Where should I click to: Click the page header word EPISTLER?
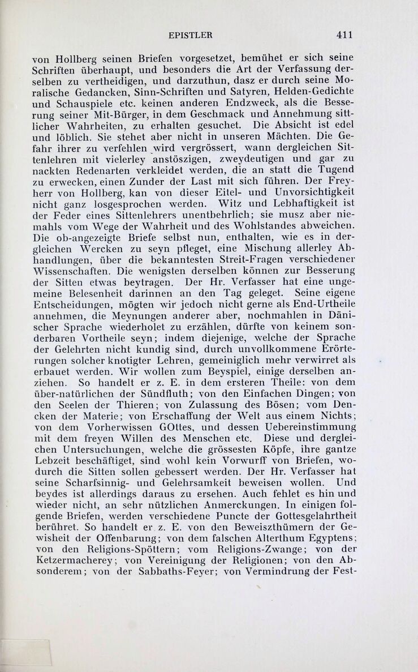(191, 35)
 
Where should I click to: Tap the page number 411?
(344, 35)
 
